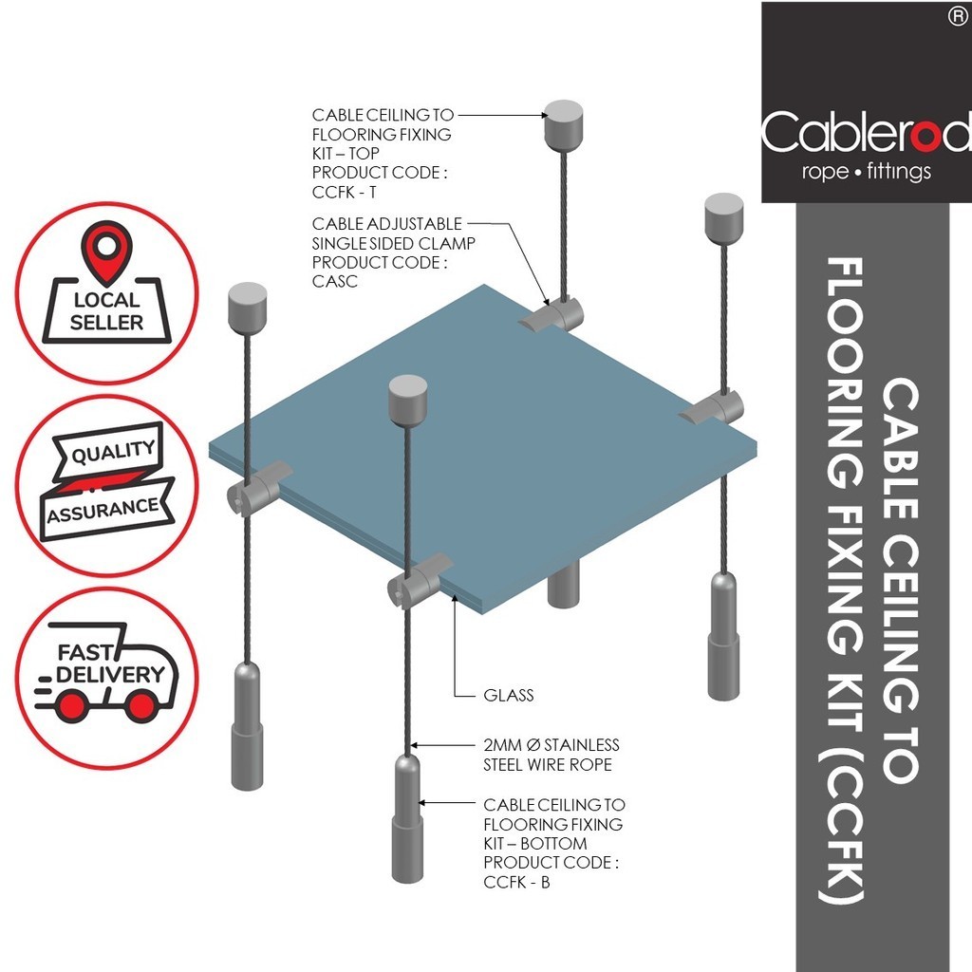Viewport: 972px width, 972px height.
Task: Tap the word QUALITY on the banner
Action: click(x=114, y=452)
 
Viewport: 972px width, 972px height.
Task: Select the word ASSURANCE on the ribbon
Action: click(x=103, y=511)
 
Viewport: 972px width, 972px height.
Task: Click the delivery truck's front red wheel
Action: click(x=141, y=706)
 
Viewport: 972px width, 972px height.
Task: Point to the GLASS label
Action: click(x=509, y=695)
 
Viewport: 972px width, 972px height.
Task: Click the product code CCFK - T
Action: click(x=344, y=192)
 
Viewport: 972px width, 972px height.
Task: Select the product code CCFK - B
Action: click(x=516, y=882)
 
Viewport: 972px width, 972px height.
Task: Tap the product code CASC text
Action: click(x=335, y=281)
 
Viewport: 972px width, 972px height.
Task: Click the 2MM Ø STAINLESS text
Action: click(x=551, y=744)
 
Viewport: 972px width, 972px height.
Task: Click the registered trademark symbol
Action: click(x=959, y=17)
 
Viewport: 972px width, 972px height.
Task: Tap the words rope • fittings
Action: click(x=866, y=171)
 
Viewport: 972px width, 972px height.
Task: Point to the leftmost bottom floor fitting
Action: click(x=248, y=726)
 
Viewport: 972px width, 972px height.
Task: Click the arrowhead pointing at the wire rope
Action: click(x=415, y=745)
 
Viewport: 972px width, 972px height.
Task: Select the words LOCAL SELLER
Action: click(x=106, y=311)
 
